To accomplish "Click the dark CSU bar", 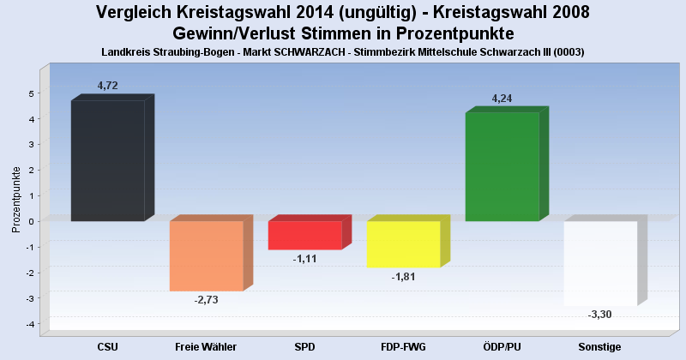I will (108, 161).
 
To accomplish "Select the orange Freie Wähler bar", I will (206, 255).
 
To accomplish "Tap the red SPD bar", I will (304, 235).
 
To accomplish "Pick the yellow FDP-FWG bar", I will (403, 244).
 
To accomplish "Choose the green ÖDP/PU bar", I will (502, 167).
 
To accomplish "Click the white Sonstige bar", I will (600, 263).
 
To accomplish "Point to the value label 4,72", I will (108, 86).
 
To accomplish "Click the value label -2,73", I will (206, 299).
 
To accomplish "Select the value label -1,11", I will (304, 258).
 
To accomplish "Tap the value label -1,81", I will (403, 277).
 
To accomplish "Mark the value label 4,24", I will (502, 99).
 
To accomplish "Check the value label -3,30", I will (600, 315).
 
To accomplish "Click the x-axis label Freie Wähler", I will (206, 346).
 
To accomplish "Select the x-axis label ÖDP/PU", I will (502, 346).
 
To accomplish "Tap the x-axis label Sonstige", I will (600, 346).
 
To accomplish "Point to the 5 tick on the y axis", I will (31, 93).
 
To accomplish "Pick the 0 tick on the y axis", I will (31, 221).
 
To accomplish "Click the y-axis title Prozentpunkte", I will (15, 199).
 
